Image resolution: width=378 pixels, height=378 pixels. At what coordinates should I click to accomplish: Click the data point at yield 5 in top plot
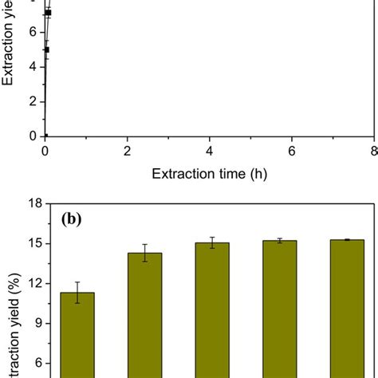coord(46,49)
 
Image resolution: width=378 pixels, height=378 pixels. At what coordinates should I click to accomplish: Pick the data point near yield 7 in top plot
coord(48,13)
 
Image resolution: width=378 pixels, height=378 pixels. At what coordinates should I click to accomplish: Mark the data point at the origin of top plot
coord(45,136)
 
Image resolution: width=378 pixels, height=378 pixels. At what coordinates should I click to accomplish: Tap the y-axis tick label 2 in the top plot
coord(31,101)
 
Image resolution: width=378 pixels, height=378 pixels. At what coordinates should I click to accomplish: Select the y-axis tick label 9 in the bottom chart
coord(31,324)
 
